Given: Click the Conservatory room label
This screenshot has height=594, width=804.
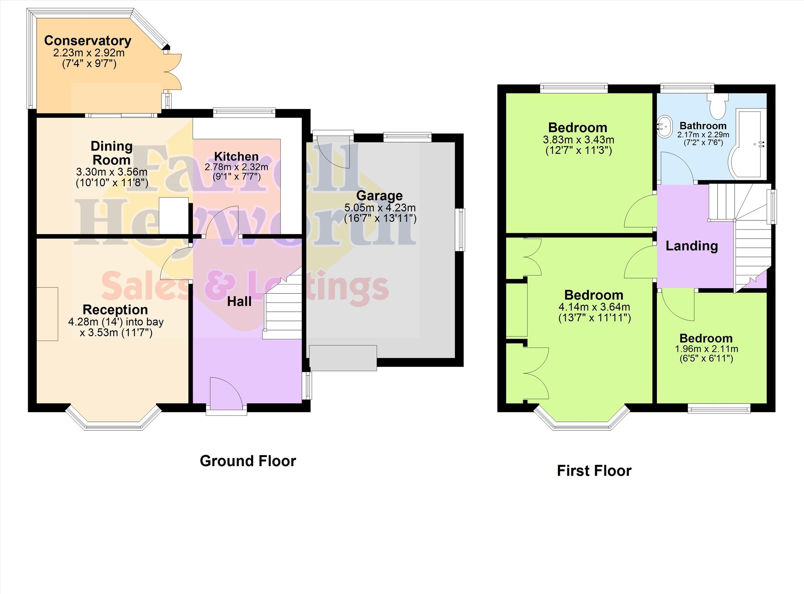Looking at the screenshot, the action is click(88, 41).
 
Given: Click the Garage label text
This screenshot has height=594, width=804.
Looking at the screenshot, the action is click(380, 196).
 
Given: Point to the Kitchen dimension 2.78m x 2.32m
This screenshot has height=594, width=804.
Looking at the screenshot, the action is click(237, 167).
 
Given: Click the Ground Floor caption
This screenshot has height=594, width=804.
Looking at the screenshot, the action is click(248, 461).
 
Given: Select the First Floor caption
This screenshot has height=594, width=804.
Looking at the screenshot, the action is click(594, 471).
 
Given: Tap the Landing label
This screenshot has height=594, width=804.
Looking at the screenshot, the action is click(692, 246).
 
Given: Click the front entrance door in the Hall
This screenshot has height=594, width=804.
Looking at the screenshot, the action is click(226, 394).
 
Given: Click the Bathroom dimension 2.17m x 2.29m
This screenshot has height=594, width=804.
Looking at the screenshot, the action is click(703, 135).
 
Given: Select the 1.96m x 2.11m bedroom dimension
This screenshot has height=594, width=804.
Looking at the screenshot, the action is click(706, 349).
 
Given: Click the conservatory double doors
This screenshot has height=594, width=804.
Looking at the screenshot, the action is click(173, 72).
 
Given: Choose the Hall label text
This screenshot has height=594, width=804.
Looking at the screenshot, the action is click(239, 302).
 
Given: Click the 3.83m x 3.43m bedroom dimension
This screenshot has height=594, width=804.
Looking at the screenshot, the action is click(578, 139).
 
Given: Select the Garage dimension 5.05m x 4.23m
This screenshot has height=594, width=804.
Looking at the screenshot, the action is click(380, 208).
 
